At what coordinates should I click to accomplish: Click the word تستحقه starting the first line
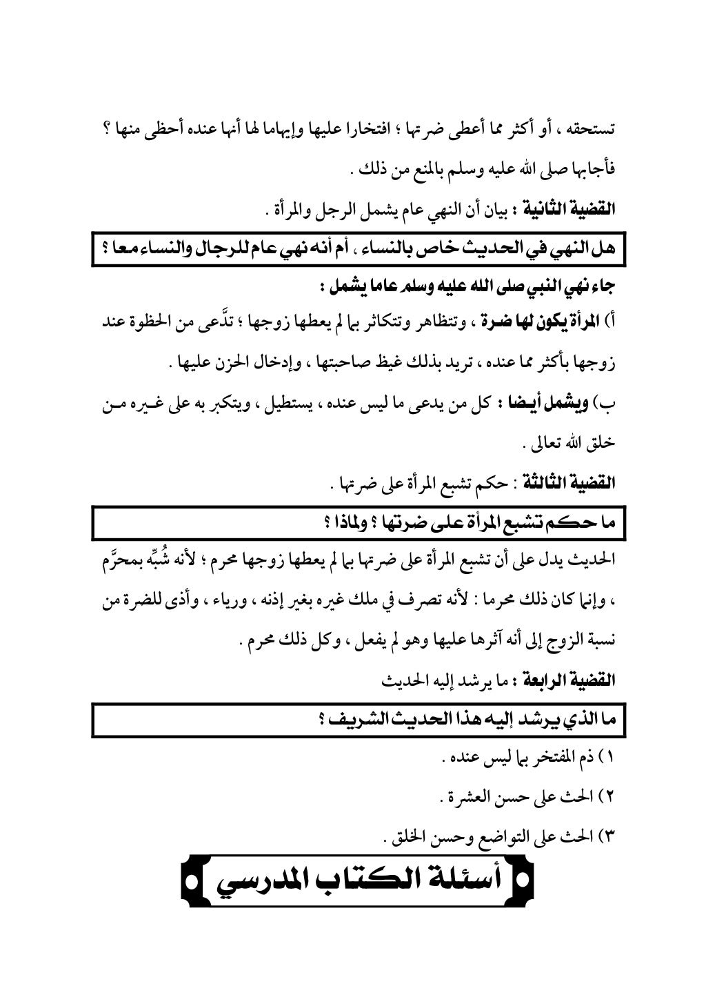(592, 128)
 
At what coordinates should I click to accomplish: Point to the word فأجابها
(593, 168)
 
